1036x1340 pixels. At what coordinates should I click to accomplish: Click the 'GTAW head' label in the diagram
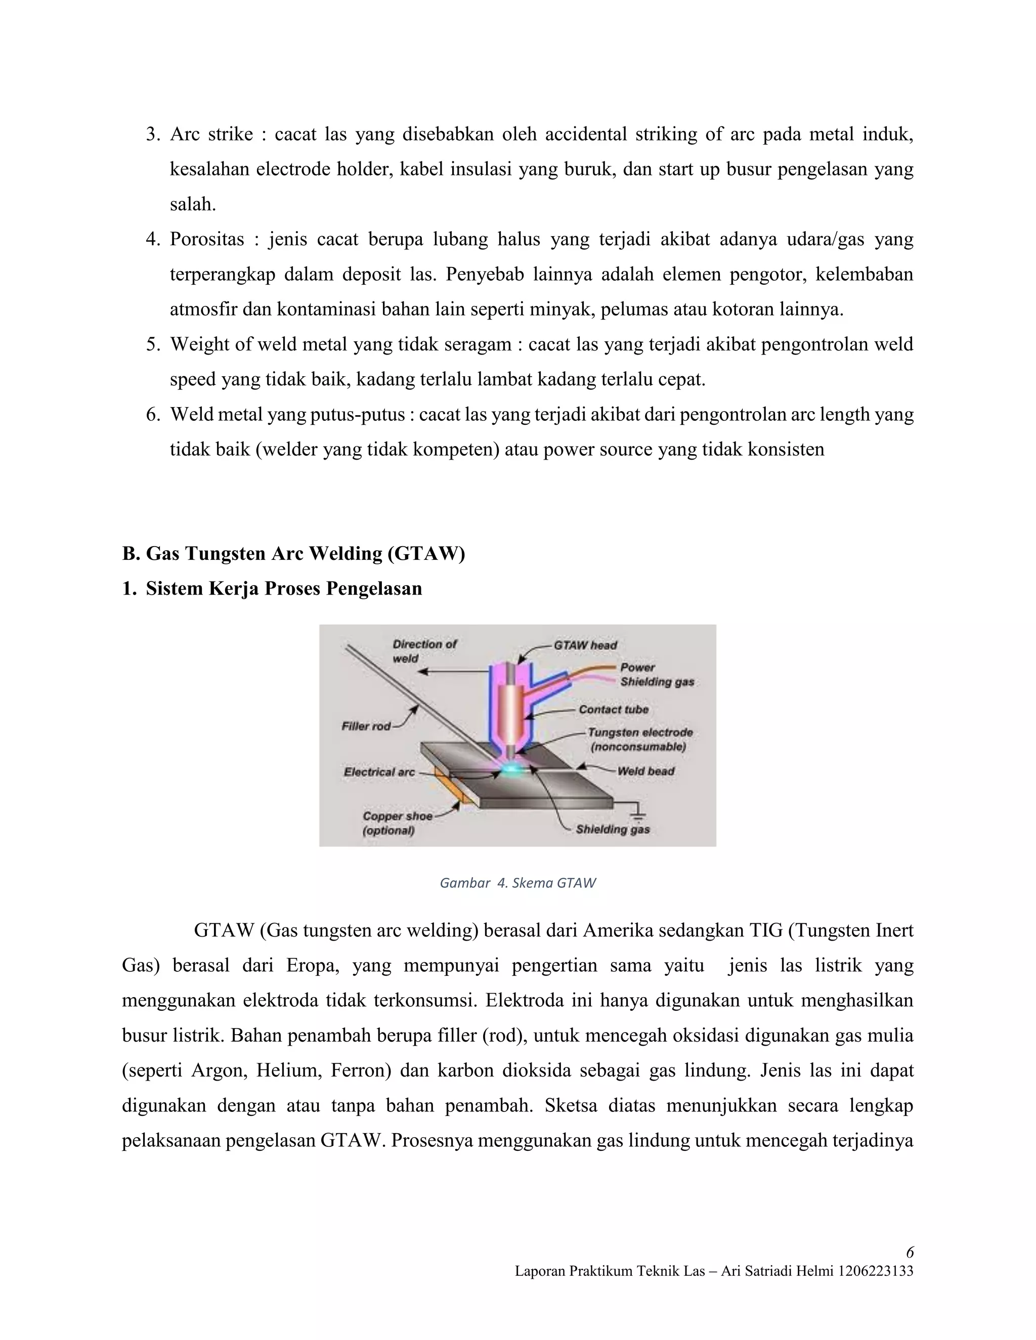tap(585, 645)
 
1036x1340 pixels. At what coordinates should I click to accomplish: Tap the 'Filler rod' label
tap(366, 727)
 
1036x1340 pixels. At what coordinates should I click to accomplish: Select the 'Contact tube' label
tap(613, 709)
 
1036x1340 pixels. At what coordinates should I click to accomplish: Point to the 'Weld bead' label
tap(645, 771)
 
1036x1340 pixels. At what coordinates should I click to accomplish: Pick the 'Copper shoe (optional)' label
tap(397, 823)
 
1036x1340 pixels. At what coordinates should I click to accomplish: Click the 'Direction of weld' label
tap(424, 651)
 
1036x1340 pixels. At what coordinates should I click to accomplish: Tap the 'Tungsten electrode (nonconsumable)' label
tap(639, 739)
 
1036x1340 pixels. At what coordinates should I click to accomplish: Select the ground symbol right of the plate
tap(639, 814)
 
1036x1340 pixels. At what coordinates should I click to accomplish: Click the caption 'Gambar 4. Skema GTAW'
tap(517, 883)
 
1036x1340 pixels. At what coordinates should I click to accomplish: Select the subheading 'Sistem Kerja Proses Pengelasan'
tap(284, 589)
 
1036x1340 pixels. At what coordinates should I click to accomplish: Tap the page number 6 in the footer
tap(909, 1252)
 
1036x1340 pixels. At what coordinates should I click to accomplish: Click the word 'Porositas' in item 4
tap(207, 239)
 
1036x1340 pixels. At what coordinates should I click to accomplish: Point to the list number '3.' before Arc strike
tap(153, 134)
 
